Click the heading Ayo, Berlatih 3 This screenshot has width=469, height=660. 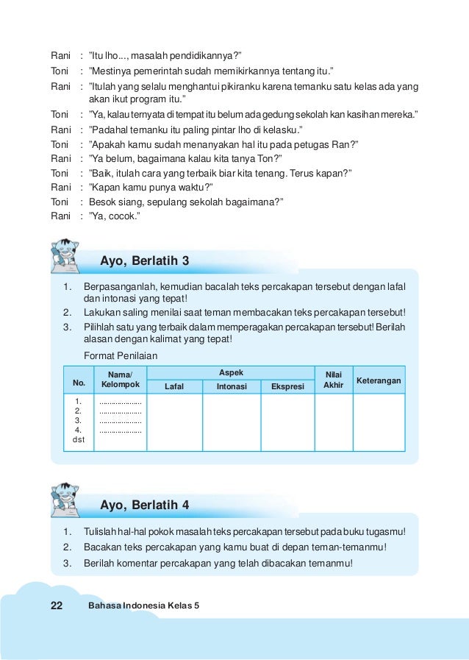click(x=145, y=261)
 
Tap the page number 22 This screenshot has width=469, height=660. click(x=57, y=606)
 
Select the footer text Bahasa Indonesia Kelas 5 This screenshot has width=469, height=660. click(x=143, y=606)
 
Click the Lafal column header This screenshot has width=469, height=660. click(x=174, y=386)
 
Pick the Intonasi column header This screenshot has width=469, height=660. click(x=231, y=386)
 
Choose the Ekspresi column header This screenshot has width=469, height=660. click(x=287, y=386)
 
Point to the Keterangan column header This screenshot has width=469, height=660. click(x=379, y=380)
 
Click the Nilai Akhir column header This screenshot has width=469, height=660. click(x=333, y=380)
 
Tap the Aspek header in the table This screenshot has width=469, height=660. click(x=231, y=373)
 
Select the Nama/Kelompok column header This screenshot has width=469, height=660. click(x=120, y=380)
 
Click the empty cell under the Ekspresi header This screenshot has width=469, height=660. click(x=287, y=422)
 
